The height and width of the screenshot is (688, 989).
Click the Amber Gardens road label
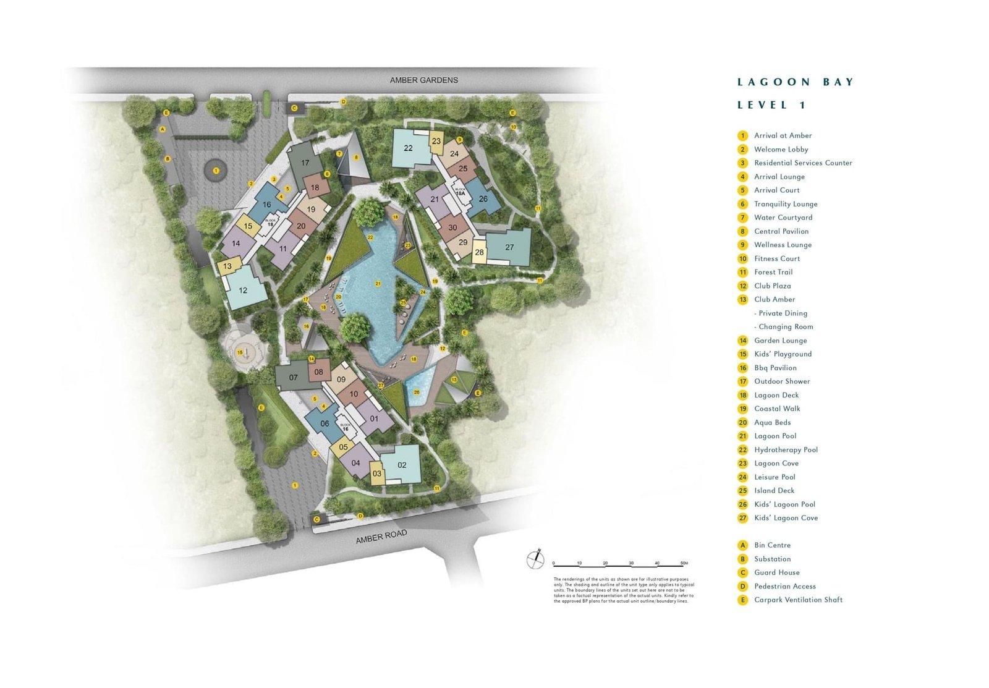coord(423,80)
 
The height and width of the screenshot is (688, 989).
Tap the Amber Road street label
coord(381,537)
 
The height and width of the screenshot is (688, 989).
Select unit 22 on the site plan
coord(408,148)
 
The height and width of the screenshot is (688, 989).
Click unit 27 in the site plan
coord(509,247)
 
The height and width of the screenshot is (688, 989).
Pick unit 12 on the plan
coord(243,290)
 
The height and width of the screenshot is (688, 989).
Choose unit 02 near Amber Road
coord(402,465)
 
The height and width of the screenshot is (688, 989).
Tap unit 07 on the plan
coord(293,378)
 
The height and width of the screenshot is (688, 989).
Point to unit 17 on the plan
coord(305,163)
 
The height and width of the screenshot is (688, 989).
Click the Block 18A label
coord(460,192)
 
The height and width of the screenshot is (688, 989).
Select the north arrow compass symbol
coord(535,559)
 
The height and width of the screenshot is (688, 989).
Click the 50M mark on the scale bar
coord(684,563)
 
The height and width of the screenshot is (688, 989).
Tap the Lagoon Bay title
coord(795,82)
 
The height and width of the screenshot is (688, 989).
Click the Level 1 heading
coord(771,106)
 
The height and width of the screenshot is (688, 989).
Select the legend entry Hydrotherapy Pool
coord(786,450)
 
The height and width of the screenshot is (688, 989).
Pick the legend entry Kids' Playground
coord(783,354)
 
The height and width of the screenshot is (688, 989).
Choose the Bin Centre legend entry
coord(772,545)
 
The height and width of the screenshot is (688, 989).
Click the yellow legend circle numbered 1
coord(743,136)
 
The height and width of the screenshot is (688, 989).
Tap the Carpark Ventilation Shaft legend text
coord(798,600)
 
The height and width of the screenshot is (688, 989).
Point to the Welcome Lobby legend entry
coord(781,150)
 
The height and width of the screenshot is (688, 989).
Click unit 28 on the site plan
coord(479,252)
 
